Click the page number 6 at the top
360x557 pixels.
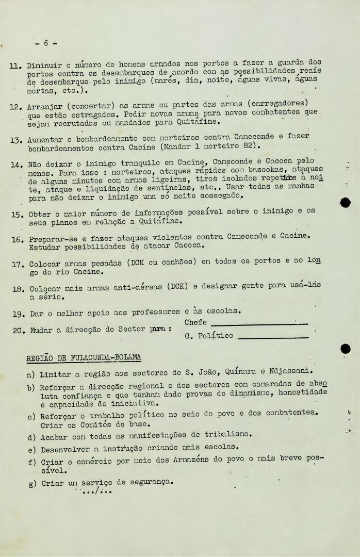[x=46, y=43]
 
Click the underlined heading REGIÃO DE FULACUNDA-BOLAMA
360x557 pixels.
[x=84, y=357]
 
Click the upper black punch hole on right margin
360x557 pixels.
[x=346, y=203]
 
